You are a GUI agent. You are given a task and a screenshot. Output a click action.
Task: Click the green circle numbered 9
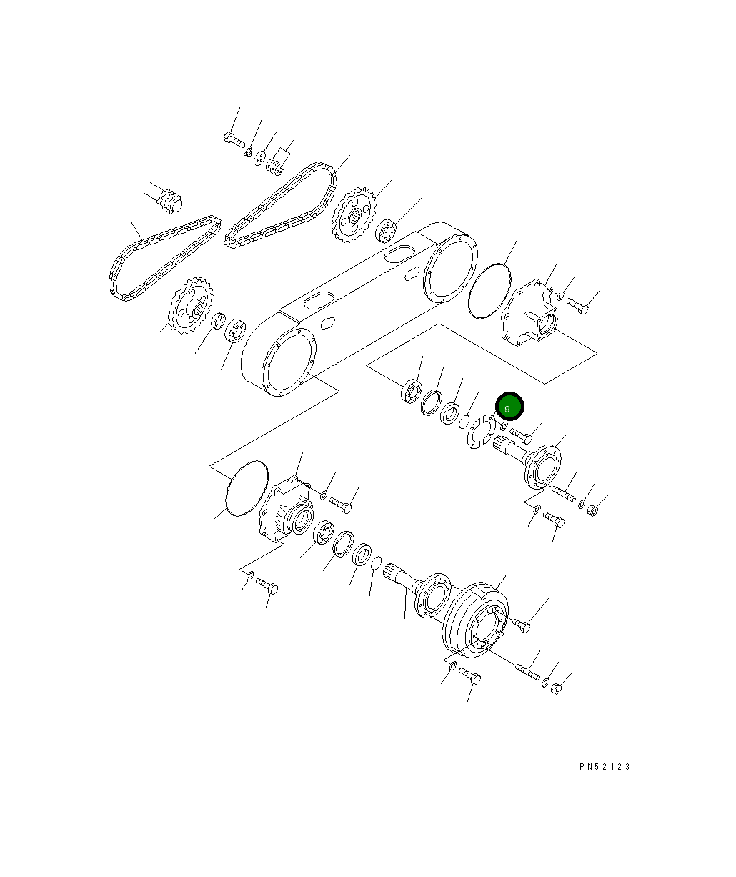[509, 406]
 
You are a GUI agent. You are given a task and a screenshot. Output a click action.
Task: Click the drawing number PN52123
[605, 766]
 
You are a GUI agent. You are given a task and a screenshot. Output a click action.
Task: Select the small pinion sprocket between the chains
[170, 202]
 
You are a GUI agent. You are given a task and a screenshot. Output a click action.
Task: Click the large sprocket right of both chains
[354, 214]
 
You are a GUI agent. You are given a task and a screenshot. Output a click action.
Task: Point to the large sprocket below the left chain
[191, 305]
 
